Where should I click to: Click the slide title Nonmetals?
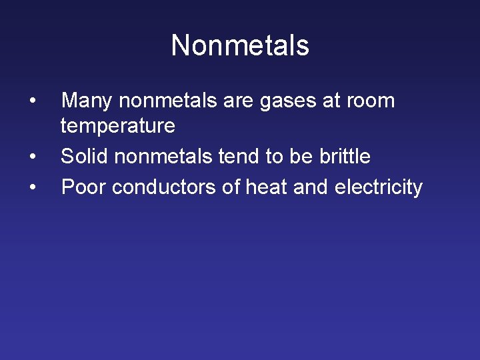point(240,46)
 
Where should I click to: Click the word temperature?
point(118,126)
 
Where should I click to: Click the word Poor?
point(84,187)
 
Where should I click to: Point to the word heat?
point(267,187)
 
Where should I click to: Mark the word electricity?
point(378,188)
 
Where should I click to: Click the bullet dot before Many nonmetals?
point(33,101)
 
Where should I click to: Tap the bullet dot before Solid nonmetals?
point(33,157)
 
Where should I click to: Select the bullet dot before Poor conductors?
point(33,187)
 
